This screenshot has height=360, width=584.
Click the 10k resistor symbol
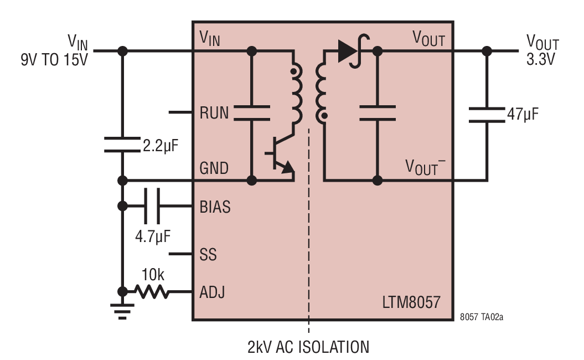click(x=152, y=291)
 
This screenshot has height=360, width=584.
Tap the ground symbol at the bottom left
click(x=122, y=311)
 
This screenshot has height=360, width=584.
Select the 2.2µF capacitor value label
click(x=161, y=146)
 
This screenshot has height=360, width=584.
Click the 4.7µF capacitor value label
click(x=153, y=236)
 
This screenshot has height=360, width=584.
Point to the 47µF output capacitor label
click(x=523, y=115)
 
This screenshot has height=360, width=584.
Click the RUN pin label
click(x=214, y=113)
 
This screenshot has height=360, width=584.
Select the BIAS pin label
click(x=215, y=207)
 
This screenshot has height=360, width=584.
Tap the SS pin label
click(x=208, y=255)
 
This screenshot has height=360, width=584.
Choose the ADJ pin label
click(x=213, y=292)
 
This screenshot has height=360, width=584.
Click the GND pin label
click(x=214, y=168)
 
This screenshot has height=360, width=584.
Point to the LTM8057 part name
click(x=411, y=302)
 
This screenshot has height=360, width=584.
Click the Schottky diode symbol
click(x=353, y=51)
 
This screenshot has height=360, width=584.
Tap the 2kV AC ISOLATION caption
click(x=308, y=347)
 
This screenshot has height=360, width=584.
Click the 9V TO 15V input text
click(x=54, y=60)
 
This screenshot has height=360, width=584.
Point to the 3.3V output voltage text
click(x=540, y=59)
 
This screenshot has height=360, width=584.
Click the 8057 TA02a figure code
click(x=481, y=317)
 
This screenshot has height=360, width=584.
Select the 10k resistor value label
click(x=153, y=275)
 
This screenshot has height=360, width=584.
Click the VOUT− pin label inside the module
click(x=425, y=167)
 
